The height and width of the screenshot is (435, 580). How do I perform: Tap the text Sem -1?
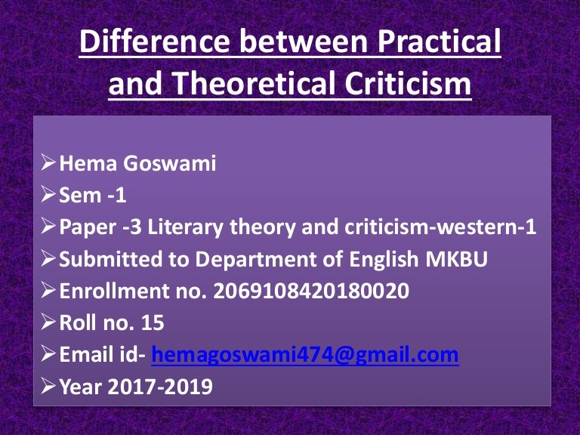[x=92, y=196]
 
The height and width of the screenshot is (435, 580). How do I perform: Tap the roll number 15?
[x=152, y=323]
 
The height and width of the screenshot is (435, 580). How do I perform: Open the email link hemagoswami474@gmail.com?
[x=305, y=355]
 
